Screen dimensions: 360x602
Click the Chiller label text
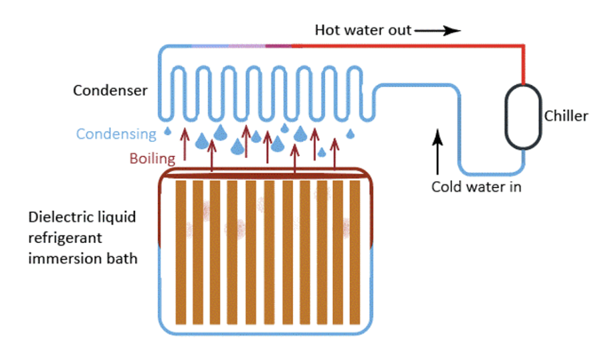(566, 116)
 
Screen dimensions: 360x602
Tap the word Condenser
(110, 90)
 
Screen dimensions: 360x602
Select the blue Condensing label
(116, 134)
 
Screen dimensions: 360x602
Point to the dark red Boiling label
(153, 159)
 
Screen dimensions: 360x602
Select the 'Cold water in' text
(476, 187)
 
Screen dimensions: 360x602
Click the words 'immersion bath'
(83, 258)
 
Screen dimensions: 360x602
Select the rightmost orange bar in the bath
(355, 252)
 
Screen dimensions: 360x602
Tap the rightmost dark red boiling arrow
(334, 154)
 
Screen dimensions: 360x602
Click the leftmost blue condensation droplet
(168, 130)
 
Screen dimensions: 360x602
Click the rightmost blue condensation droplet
(349, 134)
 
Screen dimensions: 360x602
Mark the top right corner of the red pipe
(523, 46)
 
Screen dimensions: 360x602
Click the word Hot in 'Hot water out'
(328, 30)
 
